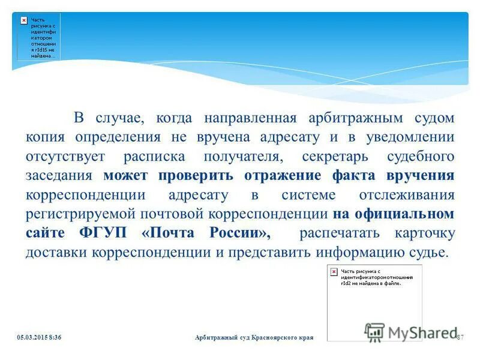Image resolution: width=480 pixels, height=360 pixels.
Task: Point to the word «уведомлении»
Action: tap(406, 136)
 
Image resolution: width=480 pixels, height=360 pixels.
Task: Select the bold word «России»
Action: tap(235, 233)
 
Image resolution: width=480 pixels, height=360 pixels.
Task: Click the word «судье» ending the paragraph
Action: tap(429, 252)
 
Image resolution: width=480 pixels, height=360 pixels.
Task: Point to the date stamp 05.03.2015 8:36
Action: tap(40, 338)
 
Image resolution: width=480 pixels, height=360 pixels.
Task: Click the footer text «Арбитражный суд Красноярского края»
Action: tap(254, 338)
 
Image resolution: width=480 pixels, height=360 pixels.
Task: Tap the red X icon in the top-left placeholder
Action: tap(23, 20)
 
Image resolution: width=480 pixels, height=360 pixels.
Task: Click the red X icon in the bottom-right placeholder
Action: tap(334, 272)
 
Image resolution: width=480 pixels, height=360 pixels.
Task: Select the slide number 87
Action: tap(461, 338)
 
